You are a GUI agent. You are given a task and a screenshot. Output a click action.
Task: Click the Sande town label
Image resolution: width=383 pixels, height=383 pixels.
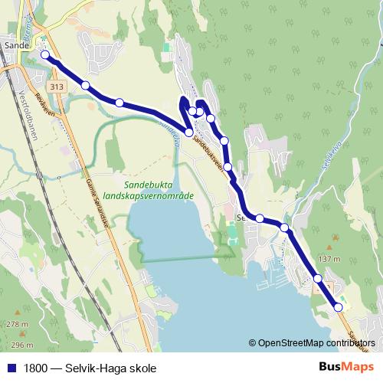16,45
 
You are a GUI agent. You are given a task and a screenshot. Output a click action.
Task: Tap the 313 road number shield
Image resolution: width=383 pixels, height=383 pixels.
56,87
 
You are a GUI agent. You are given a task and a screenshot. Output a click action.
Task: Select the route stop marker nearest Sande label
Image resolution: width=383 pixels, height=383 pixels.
45,54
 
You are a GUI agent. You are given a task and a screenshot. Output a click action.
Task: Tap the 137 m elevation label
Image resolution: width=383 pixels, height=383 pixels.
329,260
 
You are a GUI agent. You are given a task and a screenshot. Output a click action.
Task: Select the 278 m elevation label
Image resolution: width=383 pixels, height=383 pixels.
17,324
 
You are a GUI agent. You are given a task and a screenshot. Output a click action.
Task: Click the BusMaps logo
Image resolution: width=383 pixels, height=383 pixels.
345,367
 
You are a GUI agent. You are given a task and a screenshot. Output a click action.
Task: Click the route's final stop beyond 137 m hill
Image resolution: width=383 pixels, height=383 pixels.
338,307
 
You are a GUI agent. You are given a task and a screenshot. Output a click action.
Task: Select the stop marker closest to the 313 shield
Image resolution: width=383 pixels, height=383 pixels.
86,85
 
